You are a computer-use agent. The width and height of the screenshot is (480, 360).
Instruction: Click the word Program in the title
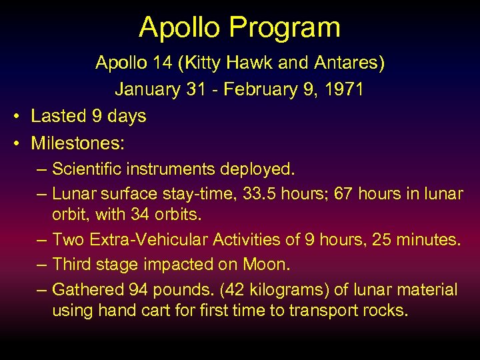point(286,28)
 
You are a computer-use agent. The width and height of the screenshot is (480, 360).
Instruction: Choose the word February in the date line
point(259,89)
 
